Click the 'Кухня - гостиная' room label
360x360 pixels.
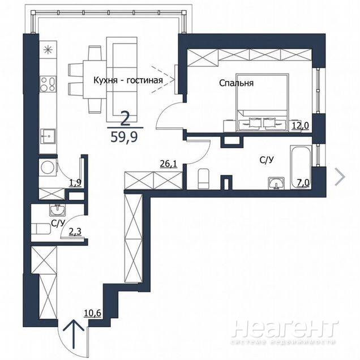coord(128,80)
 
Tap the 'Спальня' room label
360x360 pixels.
coord(236,83)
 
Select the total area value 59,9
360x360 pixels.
coord(124,137)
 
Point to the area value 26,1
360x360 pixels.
coord(169,164)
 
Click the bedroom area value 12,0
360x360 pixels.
coord(301,126)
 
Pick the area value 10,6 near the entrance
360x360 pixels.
coord(93,312)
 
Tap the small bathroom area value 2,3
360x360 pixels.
coord(75,232)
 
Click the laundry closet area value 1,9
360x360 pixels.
coord(75,183)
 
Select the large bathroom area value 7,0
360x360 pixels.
coord(303,183)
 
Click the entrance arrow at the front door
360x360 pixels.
coord(74,334)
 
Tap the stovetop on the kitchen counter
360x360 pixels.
coord(48,84)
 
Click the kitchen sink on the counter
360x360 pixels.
coord(48,136)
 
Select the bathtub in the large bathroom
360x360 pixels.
coord(301,167)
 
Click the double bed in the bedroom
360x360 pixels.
coord(262,102)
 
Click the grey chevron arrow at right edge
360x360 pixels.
coord(340,177)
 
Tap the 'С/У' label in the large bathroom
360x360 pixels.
coord(267,160)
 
